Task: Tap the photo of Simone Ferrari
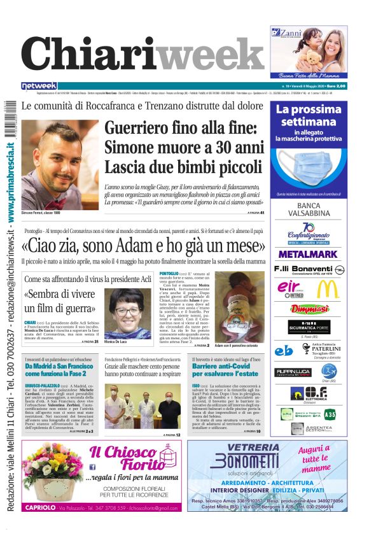pyautogui.click(x=59, y=164)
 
